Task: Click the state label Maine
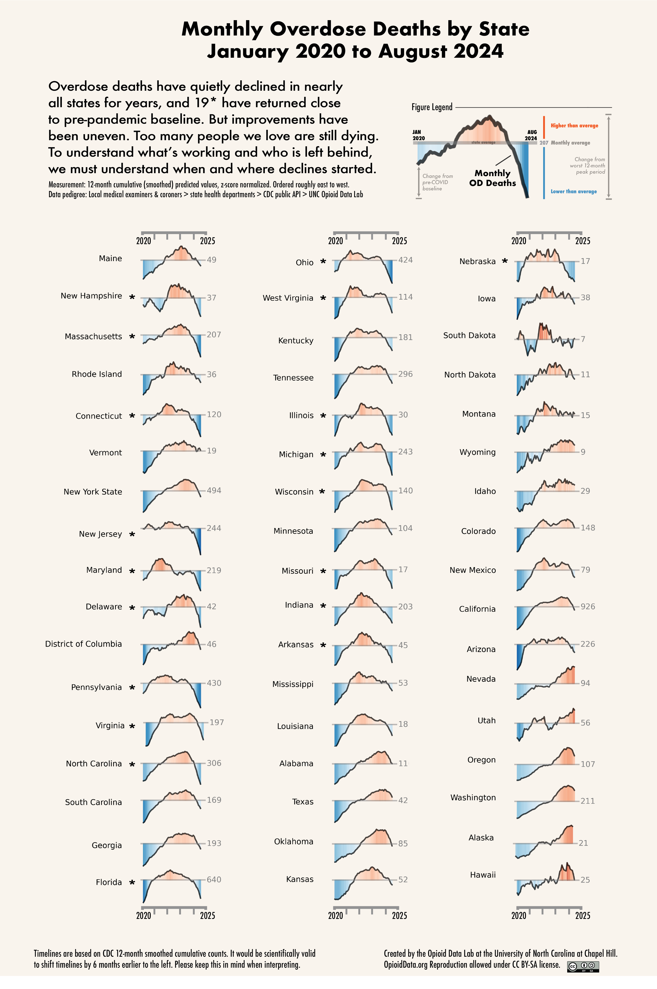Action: (x=110, y=258)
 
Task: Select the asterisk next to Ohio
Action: (x=323, y=261)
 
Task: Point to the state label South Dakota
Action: (x=469, y=336)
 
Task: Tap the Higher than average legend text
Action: (x=574, y=126)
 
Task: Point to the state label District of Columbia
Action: (x=83, y=644)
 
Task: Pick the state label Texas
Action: (x=303, y=802)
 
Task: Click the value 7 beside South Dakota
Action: (x=583, y=339)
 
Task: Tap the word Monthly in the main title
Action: (x=222, y=29)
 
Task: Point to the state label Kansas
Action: (x=300, y=879)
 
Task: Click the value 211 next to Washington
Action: (x=587, y=801)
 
